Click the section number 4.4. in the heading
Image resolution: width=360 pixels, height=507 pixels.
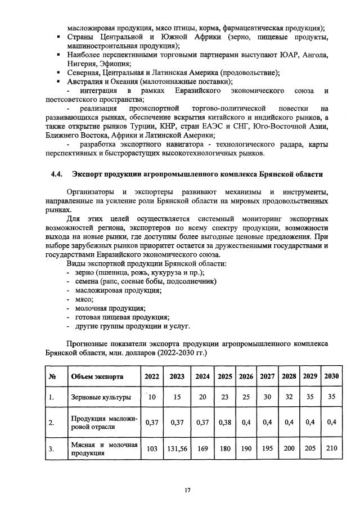click(x=58, y=174)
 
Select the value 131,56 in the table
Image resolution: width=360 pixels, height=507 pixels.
click(x=177, y=450)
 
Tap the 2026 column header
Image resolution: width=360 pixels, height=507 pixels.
click(x=246, y=376)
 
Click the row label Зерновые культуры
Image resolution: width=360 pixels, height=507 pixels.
click(x=101, y=397)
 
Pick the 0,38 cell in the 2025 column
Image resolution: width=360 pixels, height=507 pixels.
click(x=225, y=422)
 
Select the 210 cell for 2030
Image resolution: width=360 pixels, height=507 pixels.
click(x=331, y=450)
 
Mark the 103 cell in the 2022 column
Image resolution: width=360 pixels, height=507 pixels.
click(x=151, y=450)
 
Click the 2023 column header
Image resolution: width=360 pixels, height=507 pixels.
click(x=177, y=376)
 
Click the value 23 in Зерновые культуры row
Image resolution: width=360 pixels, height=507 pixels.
click(x=225, y=397)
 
